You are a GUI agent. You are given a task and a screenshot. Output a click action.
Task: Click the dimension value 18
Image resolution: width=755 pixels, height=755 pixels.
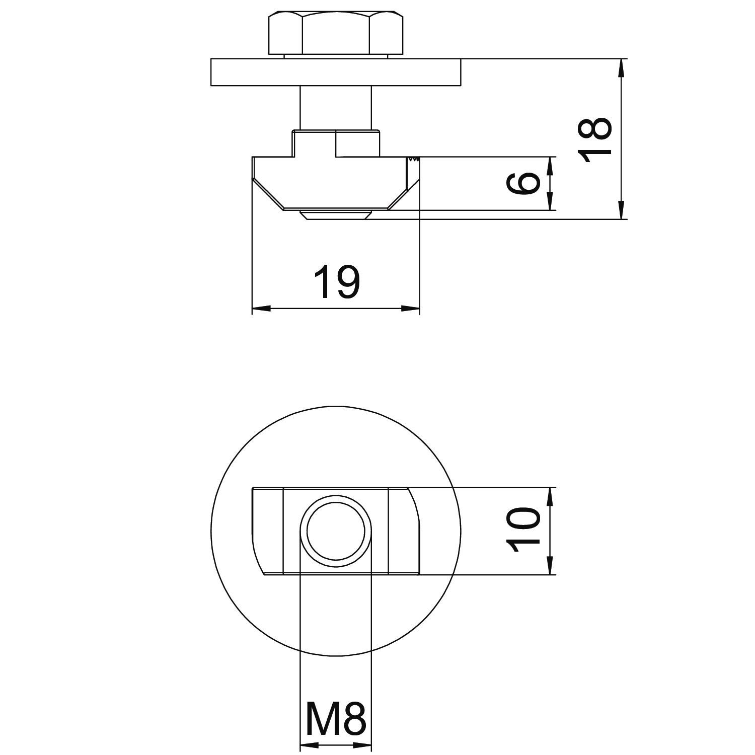point(595,139)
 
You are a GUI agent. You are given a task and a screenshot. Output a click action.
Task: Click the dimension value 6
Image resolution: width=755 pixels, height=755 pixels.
point(523,183)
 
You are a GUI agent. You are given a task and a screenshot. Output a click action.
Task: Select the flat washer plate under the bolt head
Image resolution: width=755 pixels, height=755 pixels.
point(336,72)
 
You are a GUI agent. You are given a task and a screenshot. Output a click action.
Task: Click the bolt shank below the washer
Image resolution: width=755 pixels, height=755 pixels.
point(336,107)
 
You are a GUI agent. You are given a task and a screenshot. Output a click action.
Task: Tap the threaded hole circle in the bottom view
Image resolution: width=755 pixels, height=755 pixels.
point(336,530)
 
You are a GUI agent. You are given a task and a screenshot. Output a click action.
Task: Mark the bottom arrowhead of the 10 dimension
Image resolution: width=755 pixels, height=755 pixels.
point(550,566)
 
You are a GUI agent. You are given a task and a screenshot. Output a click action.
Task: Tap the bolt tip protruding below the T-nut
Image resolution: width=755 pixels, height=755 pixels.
point(336,215)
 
